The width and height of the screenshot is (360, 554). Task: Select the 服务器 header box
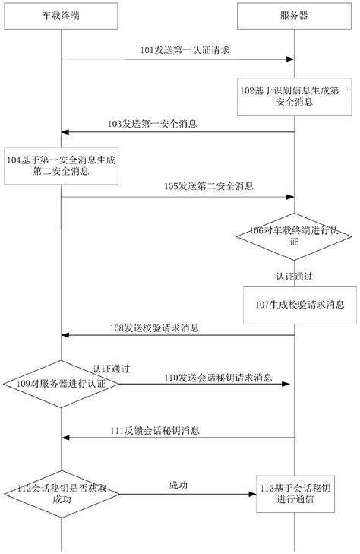(294, 15)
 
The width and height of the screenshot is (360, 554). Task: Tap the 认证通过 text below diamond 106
(294, 272)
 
